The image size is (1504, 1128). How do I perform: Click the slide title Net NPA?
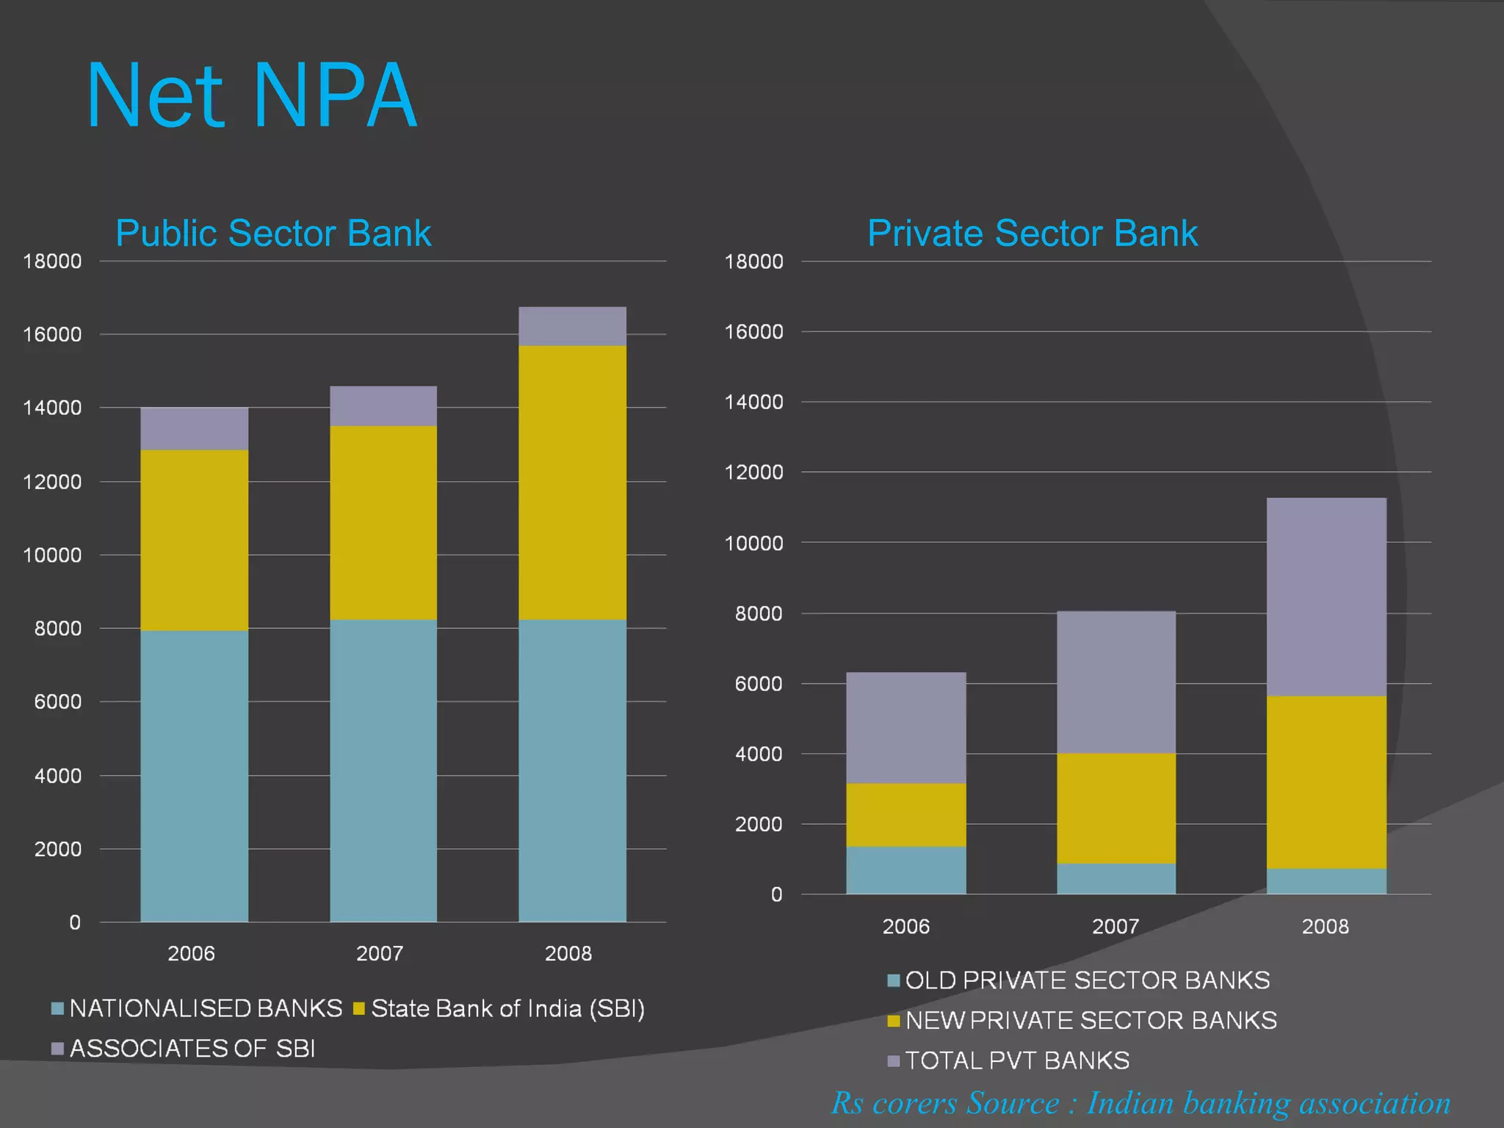click(x=252, y=97)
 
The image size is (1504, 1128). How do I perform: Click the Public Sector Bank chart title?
click(x=273, y=234)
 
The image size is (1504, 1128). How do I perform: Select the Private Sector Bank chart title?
click(x=1032, y=234)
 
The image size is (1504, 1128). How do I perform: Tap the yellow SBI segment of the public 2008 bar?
click(x=572, y=482)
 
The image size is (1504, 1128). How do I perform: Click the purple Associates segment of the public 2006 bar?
click(x=194, y=429)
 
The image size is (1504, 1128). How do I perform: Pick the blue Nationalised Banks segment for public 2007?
click(x=383, y=771)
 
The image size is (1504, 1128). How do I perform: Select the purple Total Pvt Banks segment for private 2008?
click(x=1326, y=597)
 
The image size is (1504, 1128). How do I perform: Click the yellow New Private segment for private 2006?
click(x=905, y=815)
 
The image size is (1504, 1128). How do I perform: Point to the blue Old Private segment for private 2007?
click(x=1116, y=879)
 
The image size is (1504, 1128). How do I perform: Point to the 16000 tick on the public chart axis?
click(x=52, y=335)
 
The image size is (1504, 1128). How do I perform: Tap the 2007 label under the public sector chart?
click(x=380, y=954)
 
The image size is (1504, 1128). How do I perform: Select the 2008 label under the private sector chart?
click(x=1325, y=927)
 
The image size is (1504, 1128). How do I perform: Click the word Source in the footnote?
click(x=1013, y=1104)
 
